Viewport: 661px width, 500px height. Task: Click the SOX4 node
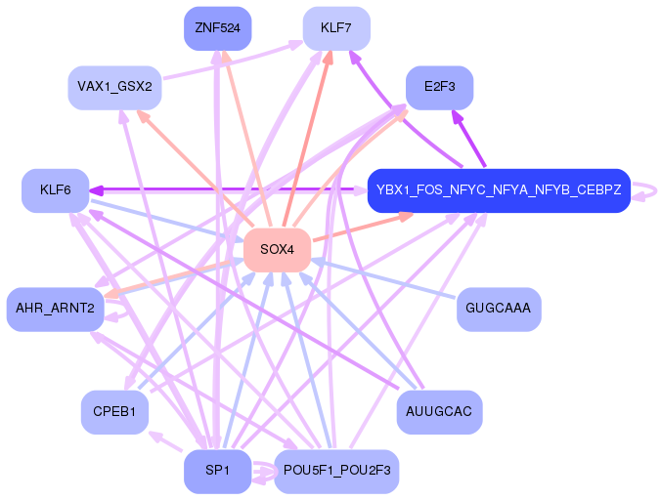click(x=277, y=250)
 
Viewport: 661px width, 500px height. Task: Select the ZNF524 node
click(x=217, y=28)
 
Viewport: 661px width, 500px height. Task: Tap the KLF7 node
click(x=336, y=28)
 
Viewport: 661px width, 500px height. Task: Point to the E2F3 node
click(x=440, y=87)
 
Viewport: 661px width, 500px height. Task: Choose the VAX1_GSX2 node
click(x=114, y=87)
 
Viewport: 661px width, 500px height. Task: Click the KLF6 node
click(x=55, y=190)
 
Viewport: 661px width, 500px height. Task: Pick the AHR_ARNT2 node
click(x=55, y=309)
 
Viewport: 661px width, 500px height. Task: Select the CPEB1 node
click(x=114, y=411)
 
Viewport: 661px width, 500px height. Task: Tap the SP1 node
click(x=217, y=471)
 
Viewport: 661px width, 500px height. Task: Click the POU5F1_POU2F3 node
click(x=336, y=471)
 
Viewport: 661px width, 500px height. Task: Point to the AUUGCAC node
click(x=439, y=411)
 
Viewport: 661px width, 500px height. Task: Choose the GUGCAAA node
click(x=499, y=309)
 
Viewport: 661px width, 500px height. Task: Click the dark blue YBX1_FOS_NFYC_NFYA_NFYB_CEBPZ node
click(x=499, y=190)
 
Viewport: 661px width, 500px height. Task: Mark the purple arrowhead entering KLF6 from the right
click(x=96, y=190)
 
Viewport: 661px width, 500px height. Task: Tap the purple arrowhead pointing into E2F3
click(x=457, y=116)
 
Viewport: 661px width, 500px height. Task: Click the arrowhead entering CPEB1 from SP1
click(x=155, y=436)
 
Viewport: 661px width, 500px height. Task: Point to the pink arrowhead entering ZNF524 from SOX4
click(x=226, y=57)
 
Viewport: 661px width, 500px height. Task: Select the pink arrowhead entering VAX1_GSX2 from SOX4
click(x=145, y=116)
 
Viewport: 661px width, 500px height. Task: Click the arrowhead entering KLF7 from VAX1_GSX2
click(x=296, y=44)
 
